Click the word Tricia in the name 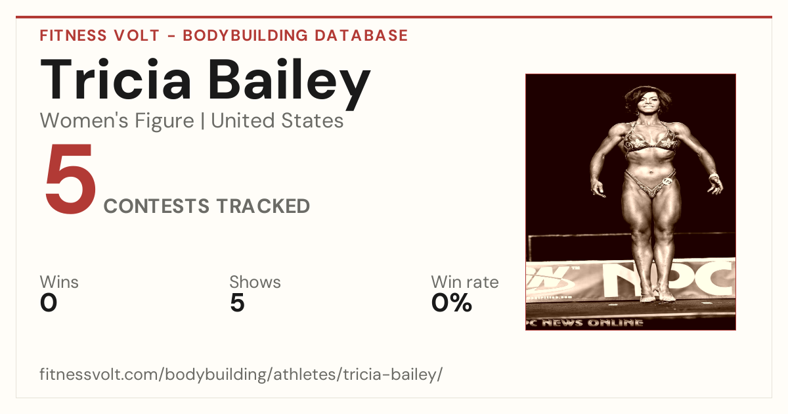click(x=116, y=80)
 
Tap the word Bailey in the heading click(x=290, y=84)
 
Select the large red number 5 click(x=71, y=178)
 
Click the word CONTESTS click(x=156, y=206)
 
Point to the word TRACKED click(x=263, y=206)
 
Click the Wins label click(x=59, y=282)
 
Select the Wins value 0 click(x=49, y=303)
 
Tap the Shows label click(x=255, y=282)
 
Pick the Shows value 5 click(x=238, y=303)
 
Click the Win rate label click(x=465, y=282)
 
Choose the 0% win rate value click(x=452, y=303)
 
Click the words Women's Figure click(x=117, y=121)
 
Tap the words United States click(x=277, y=121)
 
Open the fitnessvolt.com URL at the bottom click(x=241, y=374)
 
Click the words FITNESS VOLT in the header click(x=100, y=35)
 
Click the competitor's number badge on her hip click(x=667, y=181)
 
